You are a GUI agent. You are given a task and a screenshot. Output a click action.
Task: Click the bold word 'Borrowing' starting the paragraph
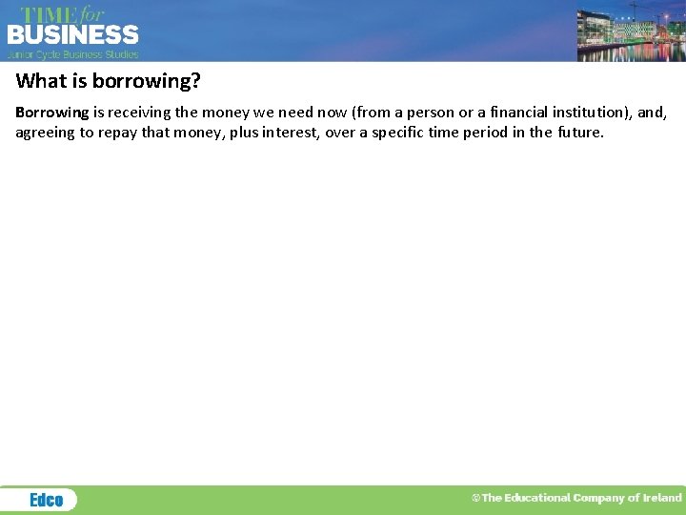(x=51, y=113)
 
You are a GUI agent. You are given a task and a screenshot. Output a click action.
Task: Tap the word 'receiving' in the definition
(x=139, y=113)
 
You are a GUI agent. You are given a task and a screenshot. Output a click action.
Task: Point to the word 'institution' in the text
(x=589, y=113)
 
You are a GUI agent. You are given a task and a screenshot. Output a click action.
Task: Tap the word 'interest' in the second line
(x=292, y=133)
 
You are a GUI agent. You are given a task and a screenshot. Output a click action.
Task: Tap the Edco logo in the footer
(x=46, y=500)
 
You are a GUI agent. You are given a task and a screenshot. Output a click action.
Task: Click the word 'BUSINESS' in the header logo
(x=73, y=35)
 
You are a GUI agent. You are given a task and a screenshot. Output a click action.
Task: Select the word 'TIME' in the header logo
(x=48, y=14)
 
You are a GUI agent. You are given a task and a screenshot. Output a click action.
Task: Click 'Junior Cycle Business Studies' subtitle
(x=73, y=54)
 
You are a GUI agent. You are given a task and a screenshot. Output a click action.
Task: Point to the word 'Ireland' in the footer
(x=663, y=498)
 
